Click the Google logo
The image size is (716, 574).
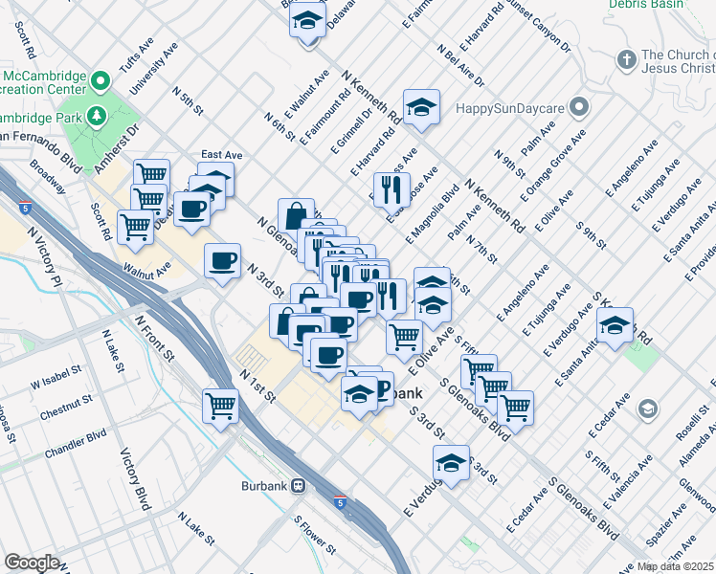coord(32,563)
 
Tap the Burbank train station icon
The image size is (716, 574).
coord(299,485)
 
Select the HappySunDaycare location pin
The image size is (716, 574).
coord(578,105)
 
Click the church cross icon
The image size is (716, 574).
coord(626,60)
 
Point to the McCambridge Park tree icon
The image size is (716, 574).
coord(95,117)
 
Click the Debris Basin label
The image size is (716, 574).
coord(646,5)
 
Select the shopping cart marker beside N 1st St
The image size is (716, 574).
coord(221,405)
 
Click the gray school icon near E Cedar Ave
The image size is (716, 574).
coord(649,410)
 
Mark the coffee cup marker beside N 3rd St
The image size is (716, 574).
coord(222,261)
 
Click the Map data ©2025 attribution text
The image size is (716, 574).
coord(675,566)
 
